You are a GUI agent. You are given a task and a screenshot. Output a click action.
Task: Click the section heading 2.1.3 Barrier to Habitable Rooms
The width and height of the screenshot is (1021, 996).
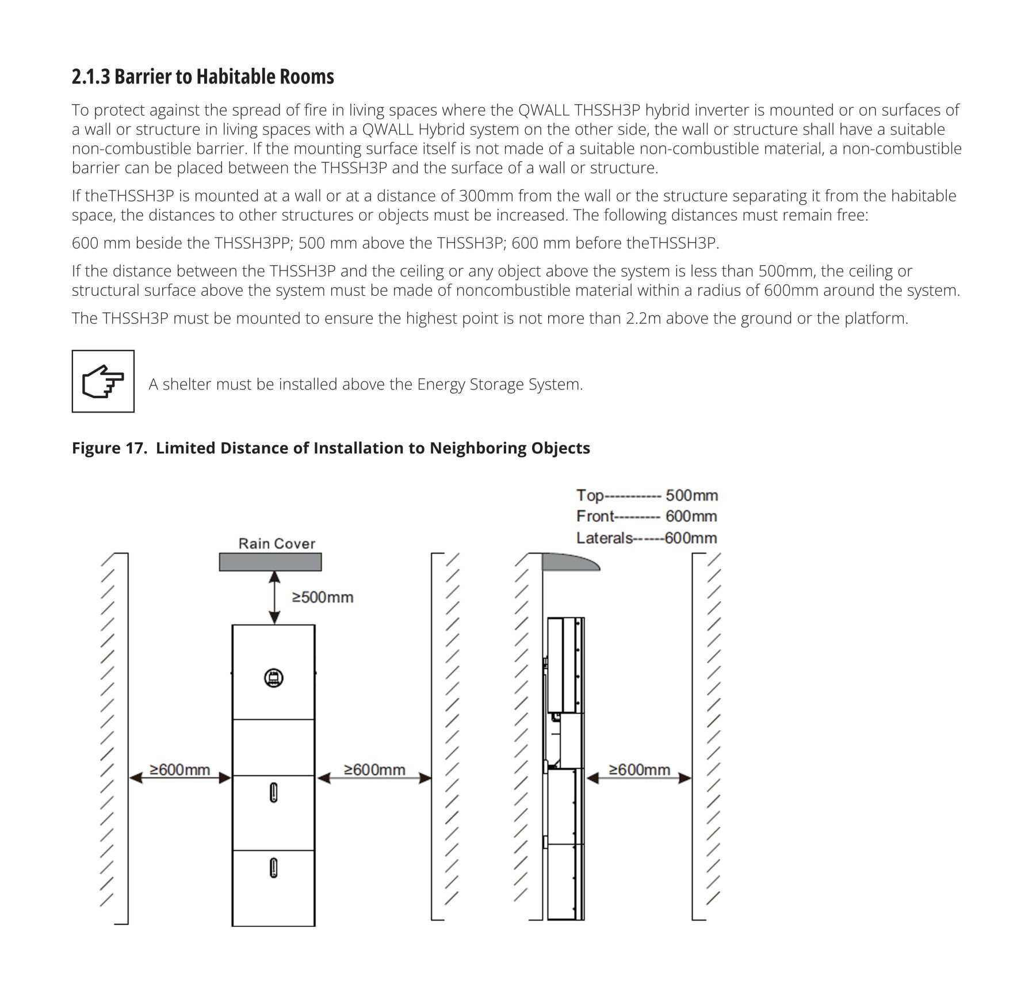202,77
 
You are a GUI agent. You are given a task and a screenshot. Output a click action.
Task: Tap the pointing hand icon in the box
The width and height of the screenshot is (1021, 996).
103,381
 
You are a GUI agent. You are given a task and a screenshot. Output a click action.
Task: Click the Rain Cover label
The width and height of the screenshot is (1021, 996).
277,544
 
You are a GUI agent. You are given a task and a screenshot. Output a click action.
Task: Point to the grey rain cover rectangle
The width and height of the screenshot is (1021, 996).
270,562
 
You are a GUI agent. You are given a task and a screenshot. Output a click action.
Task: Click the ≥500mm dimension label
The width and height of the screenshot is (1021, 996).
323,597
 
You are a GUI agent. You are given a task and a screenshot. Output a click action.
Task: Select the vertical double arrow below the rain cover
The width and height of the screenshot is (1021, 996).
275,597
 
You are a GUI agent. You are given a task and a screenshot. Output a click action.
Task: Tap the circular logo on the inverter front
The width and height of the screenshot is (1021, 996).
274,678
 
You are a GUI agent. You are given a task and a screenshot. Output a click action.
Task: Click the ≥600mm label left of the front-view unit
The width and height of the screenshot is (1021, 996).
179,770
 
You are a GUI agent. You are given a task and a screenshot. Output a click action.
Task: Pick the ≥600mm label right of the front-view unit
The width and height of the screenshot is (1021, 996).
374,770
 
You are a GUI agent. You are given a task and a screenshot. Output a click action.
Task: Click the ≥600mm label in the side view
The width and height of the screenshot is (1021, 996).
639,770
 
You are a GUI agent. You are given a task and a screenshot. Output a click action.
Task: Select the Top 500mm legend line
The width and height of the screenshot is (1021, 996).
647,495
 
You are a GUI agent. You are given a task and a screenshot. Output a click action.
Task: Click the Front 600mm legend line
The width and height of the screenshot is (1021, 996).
647,517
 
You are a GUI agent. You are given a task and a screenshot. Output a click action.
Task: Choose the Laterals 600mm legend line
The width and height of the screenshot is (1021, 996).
647,539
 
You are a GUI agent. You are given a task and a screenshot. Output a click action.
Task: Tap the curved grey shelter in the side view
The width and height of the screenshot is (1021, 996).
569,562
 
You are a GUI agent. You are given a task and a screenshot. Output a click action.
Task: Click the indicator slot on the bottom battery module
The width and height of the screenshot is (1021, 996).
274,868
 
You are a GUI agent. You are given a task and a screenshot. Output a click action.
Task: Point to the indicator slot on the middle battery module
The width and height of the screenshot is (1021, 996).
274,793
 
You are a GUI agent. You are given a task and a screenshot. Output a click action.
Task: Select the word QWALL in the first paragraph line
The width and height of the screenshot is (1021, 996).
544,110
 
